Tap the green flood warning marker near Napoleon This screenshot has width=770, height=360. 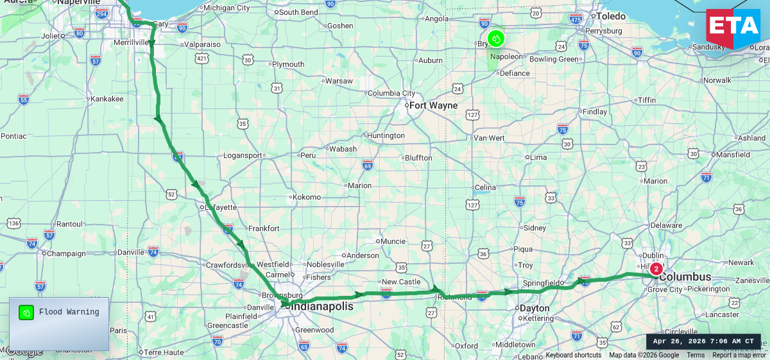pyautogui.click(x=495, y=39)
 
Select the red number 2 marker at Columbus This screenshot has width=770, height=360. pyautogui.click(x=656, y=269)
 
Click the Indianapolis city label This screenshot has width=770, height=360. pyautogui.click(x=323, y=307)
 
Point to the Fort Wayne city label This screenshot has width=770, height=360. pyautogui.click(x=433, y=105)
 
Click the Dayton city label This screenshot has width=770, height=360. pyautogui.click(x=535, y=308)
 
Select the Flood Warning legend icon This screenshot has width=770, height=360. pyautogui.click(x=26, y=313)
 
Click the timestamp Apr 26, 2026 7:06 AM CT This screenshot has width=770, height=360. pyautogui.click(x=703, y=341)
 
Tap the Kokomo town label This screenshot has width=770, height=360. pyautogui.click(x=307, y=197)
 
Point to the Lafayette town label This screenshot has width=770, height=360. pyautogui.click(x=221, y=207)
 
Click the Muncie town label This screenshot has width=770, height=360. pyautogui.click(x=393, y=241)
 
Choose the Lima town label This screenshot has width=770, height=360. pyautogui.click(x=538, y=157)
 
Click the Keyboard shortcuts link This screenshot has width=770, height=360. pyautogui.click(x=573, y=356)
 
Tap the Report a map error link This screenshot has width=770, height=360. pyautogui.click(x=739, y=356)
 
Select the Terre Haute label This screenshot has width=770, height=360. pyautogui.click(x=163, y=352)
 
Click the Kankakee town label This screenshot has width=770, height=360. pyautogui.click(x=107, y=99)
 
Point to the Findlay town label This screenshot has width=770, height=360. pyautogui.click(x=594, y=112)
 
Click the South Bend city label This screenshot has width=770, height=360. pyautogui.click(x=298, y=12)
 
